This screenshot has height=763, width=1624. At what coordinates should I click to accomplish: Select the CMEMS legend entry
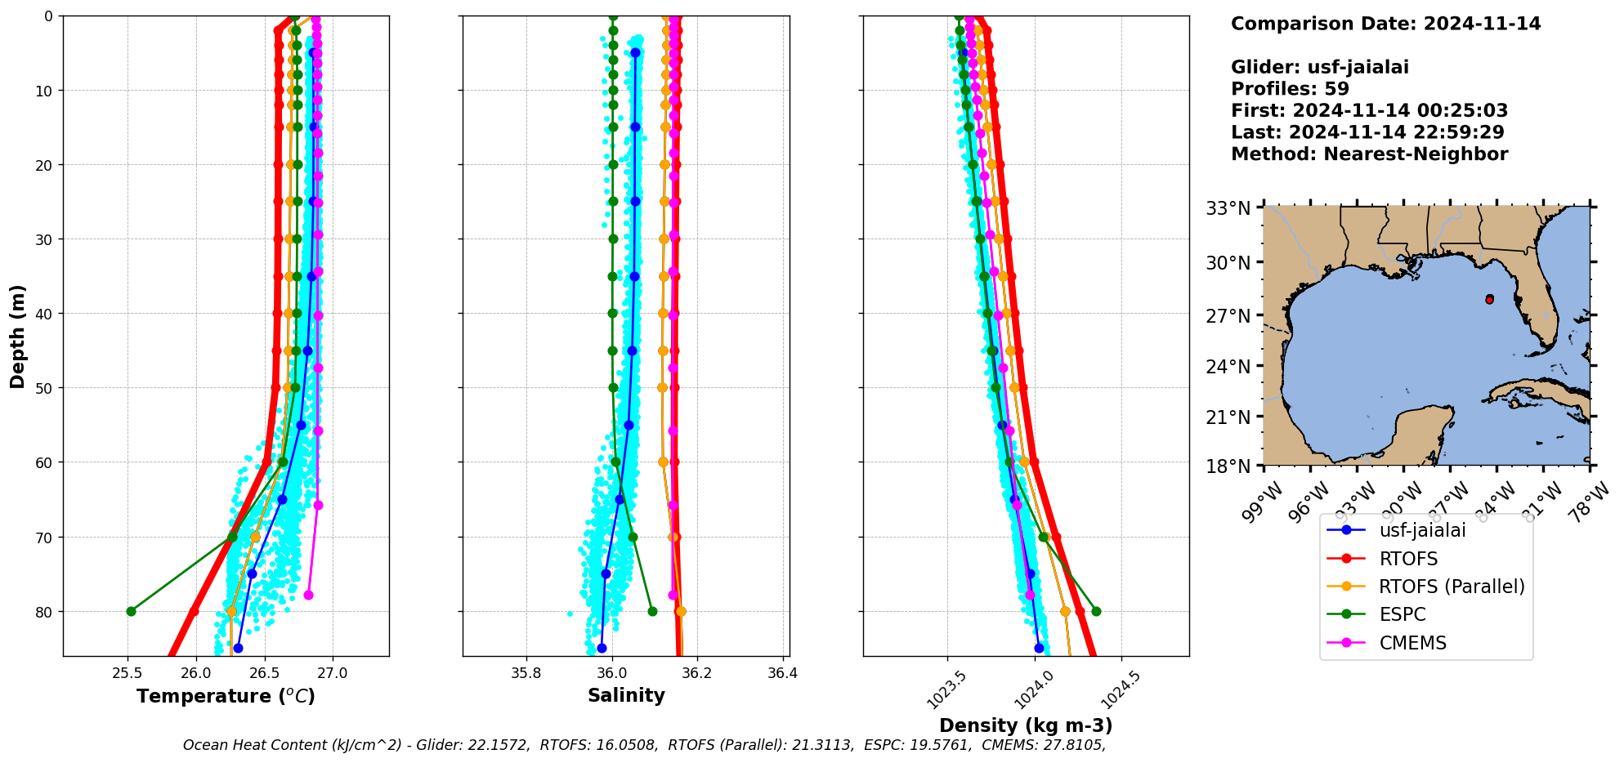click(x=1412, y=643)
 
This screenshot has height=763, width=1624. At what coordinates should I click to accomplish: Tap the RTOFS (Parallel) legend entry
click(x=1452, y=587)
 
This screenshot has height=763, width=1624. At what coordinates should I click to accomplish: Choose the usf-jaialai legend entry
click(x=1422, y=530)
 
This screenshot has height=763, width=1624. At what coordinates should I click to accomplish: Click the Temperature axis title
click(x=226, y=696)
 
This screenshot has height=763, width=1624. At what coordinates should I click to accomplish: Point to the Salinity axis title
click(x=626, y=695)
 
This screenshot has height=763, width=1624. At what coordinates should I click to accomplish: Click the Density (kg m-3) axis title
click(x=1026, y=725)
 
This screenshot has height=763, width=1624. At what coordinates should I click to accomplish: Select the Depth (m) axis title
click(x=18, y=337)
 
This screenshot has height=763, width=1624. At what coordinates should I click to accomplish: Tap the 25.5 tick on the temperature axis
click(x=128, y=673)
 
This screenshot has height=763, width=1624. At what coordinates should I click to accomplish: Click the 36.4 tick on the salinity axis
click(x=782, y=673)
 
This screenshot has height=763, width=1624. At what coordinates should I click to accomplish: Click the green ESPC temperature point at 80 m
click(x=131, y=611)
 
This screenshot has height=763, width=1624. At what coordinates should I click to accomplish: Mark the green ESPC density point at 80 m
click(x=1096, y=611)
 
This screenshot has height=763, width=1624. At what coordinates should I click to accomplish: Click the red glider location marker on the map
click(x=1489, y=300)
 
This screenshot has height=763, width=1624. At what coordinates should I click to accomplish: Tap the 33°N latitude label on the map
click(x=1228, y=209)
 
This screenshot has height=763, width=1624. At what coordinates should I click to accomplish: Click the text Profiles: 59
click(x=1290, y=89)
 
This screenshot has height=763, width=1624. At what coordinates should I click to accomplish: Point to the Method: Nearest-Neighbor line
click(x=1369, y=154)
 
